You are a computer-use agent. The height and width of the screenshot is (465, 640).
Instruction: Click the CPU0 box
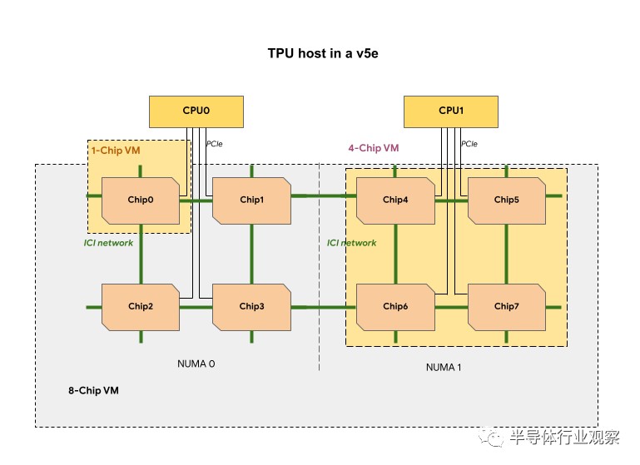tap(196, 111)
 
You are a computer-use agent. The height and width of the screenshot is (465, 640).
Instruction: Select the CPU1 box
tap(451, 111)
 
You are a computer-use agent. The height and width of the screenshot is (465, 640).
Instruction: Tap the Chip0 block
tap(141, 200)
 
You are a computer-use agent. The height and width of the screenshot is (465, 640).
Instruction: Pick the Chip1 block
tap(251, 200)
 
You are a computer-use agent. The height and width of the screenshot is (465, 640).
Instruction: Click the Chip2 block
tap(141, 306)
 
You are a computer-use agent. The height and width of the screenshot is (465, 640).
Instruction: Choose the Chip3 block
tap(251, 306)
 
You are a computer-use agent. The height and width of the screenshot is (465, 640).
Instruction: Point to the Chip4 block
tap(395, 200)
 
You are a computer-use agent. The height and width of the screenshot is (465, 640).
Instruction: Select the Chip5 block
tap(506, 200)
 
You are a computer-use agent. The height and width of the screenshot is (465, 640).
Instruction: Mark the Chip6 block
tap(395, 306)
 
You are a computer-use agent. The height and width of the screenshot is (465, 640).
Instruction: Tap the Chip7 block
tap(506, 306)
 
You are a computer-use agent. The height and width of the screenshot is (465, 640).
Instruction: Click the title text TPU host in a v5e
tap(319, 52)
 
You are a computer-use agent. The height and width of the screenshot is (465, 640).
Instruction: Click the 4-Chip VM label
tap(373, 148)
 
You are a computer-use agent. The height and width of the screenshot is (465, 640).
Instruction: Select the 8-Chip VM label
tap(92, 390)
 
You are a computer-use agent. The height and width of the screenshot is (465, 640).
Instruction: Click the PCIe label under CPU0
tap(215, 144)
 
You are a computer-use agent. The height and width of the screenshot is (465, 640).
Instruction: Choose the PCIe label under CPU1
tap(469, 144)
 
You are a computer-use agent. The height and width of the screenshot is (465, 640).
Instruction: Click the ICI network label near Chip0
tap(108, 243)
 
